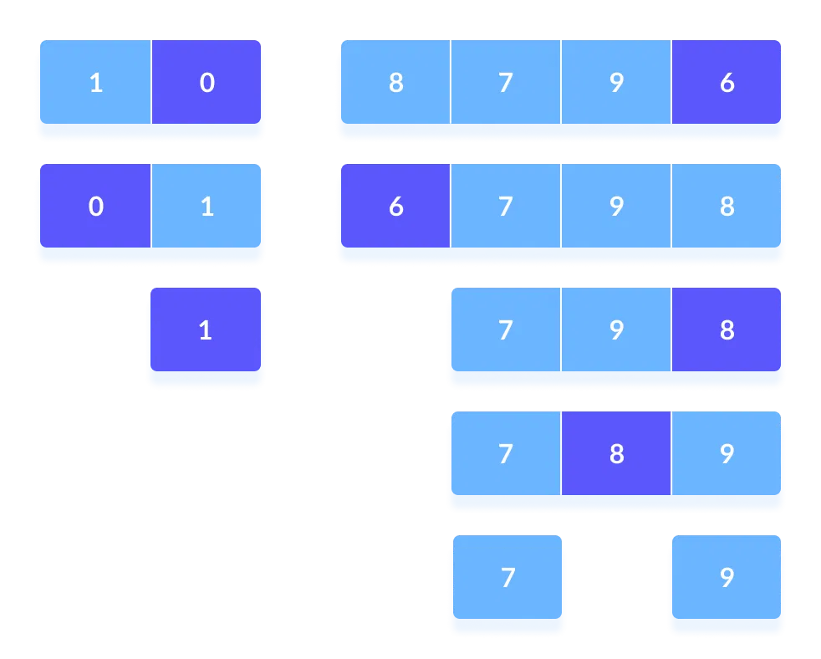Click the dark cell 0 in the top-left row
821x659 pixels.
point(207,83)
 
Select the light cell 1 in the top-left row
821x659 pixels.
point(95,83)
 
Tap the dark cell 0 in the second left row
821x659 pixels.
point(95,206)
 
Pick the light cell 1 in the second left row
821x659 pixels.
point(207,206)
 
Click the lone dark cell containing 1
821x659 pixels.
point(206,329)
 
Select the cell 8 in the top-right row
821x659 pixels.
point(395,83)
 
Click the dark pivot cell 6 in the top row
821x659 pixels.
point(726,83)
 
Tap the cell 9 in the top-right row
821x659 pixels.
point(616,83)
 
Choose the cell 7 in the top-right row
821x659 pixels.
point(505,83)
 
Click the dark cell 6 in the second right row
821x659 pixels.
point(395,206)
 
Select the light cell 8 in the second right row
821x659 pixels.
point(726,206)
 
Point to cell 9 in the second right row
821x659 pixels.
point(616,206)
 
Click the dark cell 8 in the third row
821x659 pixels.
point(726,329)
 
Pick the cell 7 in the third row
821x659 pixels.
point(505,329)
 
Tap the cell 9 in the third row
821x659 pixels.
point(616,329)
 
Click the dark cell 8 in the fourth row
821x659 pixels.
point(616,453)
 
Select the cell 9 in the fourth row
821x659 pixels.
point(726,453)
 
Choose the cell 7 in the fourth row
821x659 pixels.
point(505,453)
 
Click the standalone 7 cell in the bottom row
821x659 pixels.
point(507,577)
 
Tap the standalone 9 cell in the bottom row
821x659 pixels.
point(726,577)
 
